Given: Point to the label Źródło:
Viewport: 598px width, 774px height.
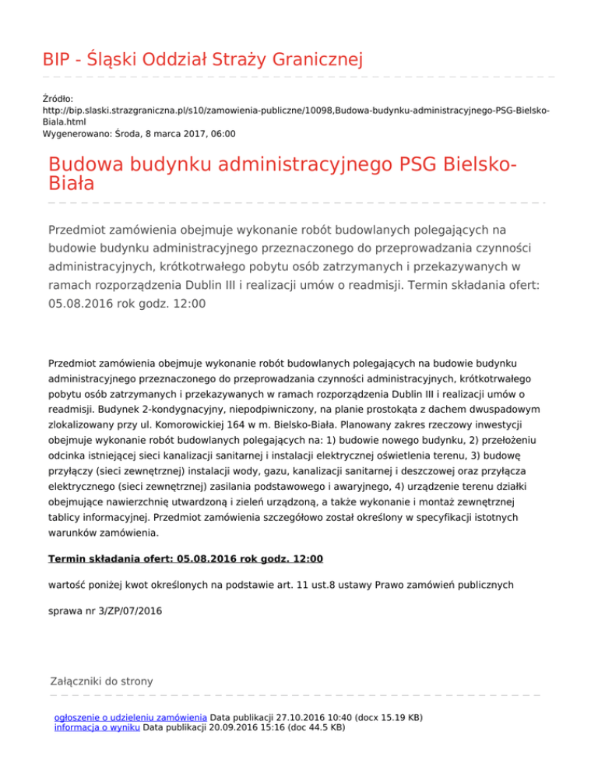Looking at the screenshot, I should [x=58, y=99].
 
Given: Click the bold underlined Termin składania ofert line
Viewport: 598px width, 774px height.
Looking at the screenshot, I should [x=185, y=558].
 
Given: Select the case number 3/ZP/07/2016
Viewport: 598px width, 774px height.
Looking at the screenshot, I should [x=127, y=611].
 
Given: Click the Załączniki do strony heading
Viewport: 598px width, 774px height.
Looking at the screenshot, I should [x=100, y=681].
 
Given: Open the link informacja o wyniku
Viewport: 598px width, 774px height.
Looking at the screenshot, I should [x=97, y=727].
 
